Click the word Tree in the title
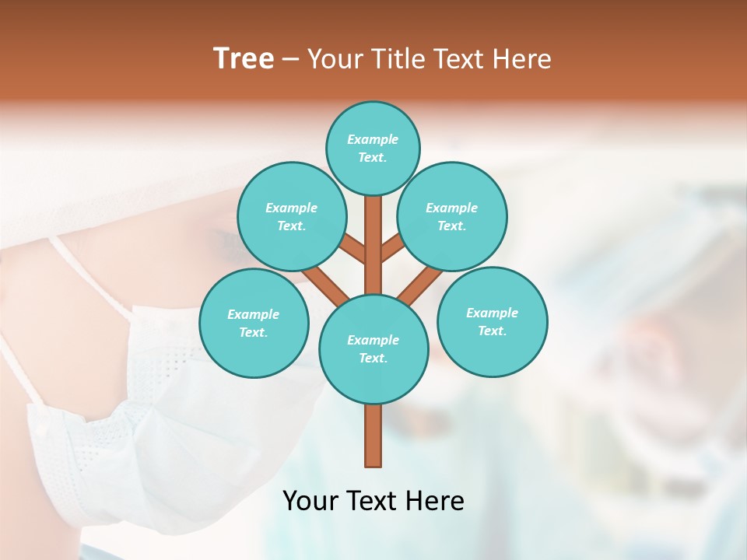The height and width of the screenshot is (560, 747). click(x=244, y=58)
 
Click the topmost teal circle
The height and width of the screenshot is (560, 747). click(x=373, y=148)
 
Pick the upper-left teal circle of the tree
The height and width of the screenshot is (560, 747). click(x=291, y=217)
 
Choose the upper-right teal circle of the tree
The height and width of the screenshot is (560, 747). click(x=452, y=217)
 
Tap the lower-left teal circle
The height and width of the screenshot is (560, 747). click(x=254, y=323)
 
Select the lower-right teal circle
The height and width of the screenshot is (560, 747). click(x=493, y=321)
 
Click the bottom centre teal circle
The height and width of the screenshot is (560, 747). click(x=373, y=349)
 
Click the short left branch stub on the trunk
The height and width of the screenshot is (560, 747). click(x=352, y=250)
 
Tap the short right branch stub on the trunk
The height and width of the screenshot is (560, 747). click(x=392, y=248)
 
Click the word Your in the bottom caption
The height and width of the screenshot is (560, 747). click(x=312, y=501)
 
